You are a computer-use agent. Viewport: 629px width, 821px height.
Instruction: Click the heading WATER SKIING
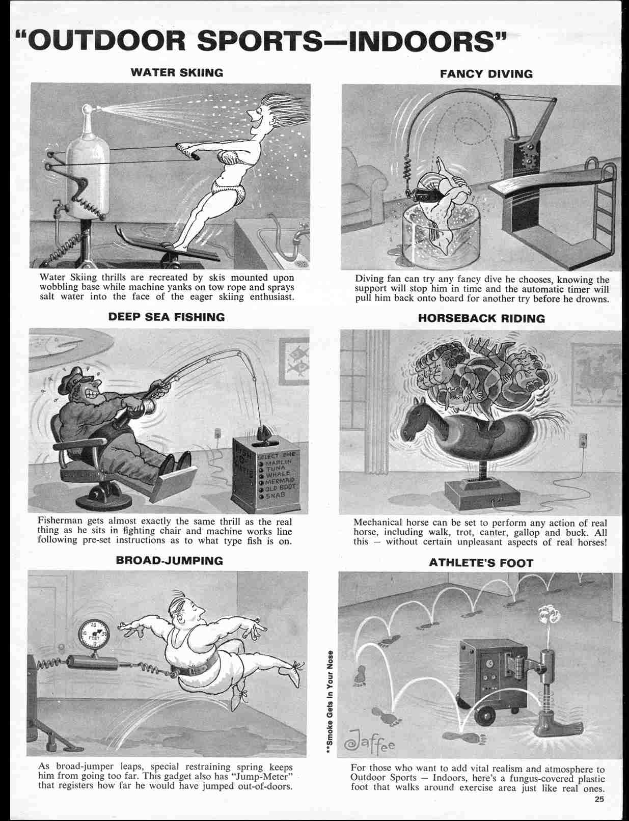177,72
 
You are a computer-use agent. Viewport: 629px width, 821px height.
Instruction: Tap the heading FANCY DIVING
486,74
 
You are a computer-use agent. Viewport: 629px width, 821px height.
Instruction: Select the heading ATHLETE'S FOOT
480,563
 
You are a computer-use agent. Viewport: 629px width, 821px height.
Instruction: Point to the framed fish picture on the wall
296,358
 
